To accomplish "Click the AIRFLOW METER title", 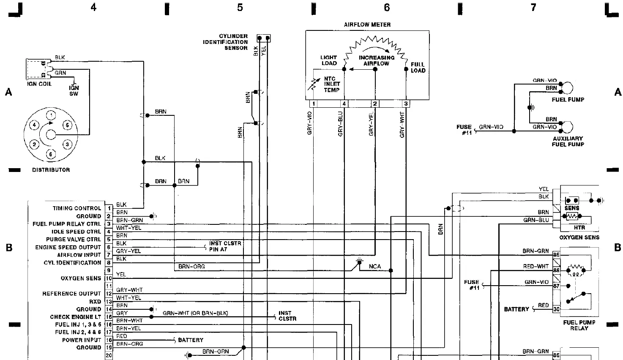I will (x=367, y=25).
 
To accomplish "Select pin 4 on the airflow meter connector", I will (x=344, y=104).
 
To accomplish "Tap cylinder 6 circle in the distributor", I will (x=51, y=154).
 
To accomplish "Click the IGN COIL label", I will (x=39, y=84).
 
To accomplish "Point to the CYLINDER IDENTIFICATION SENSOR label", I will (x=230, y=42).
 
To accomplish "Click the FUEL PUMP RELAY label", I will (x=579, y=325).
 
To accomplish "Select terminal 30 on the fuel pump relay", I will (x=556, y=309).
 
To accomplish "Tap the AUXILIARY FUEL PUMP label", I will (x=568, y=142).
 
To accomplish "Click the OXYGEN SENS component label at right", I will (x=579, y=237).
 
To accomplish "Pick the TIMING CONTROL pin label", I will (x=77, y=208).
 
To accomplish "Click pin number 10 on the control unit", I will (x=109, y=278).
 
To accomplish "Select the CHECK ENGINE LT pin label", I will (x=75, y=317).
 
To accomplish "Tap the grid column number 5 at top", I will (x=240, y=8).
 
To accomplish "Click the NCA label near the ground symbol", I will (x=374, y=267).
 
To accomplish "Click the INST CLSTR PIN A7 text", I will (x=225, y=246).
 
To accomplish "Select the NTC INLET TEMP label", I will (x=332, y=84).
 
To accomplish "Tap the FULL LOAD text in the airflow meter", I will (x=418, y=68).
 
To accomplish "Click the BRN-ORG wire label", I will (x=191, y=267).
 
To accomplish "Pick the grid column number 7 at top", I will (x=533, y=8).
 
